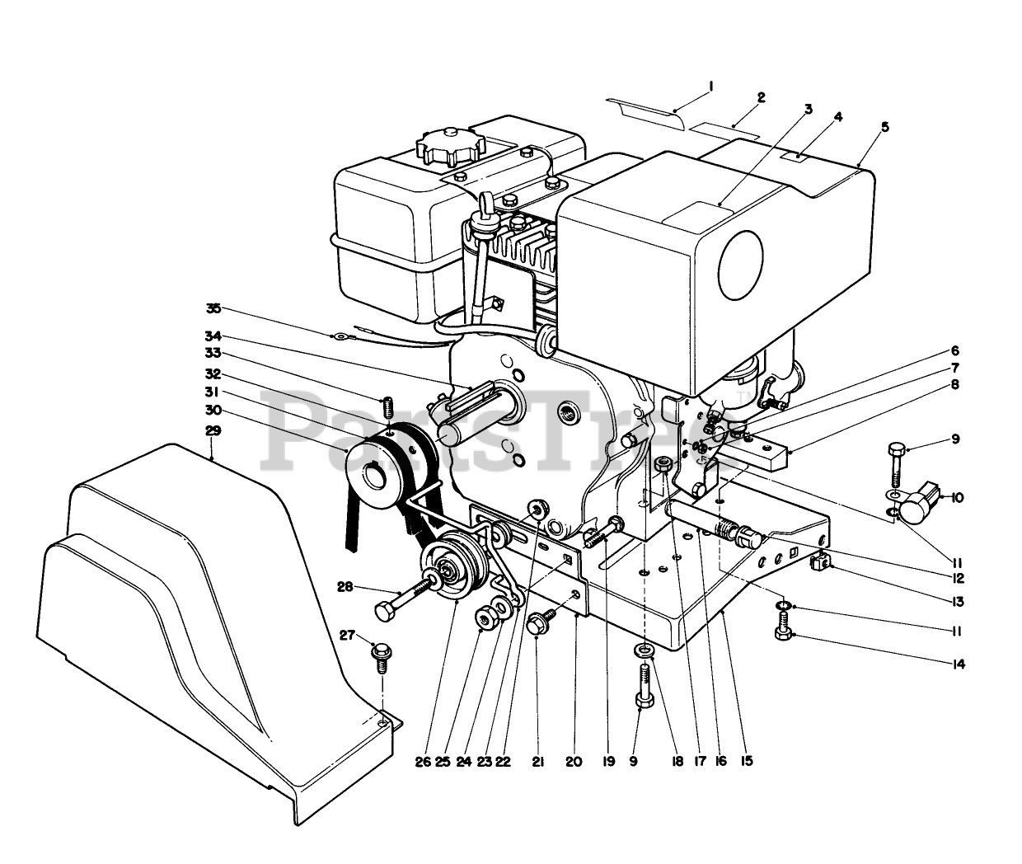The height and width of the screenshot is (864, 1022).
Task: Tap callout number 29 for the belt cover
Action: pyautogui.click(x=213, y=430)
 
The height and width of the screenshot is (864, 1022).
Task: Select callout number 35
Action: pyautogui.click(x=213, y=308)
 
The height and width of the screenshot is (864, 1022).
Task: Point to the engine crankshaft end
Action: pyautogui.click(x=455, y=430)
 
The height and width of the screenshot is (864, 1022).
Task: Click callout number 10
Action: pyautogui.click(x=956, y=498)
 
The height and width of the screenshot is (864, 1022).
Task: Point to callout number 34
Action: pyautogui.click(x=213, y=336)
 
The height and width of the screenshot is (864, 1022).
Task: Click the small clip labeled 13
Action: pyautogui.click(x=819, y=564)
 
